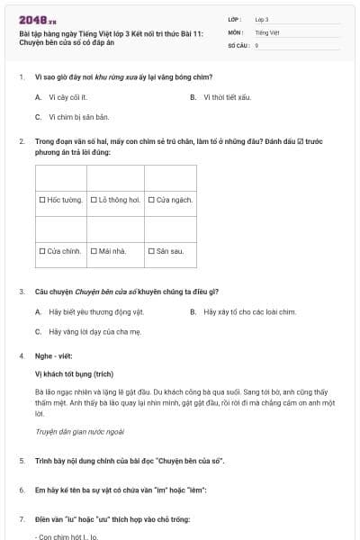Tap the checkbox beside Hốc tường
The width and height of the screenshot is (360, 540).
click(x=43, y=200)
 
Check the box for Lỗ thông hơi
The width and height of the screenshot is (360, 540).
click(x=94, y=200)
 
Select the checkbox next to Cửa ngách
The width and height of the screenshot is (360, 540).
click(x=150, y=200)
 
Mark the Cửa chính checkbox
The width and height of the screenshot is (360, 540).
click(x=43, y=251)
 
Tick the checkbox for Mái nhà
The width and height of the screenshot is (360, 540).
click(x=94, y=251)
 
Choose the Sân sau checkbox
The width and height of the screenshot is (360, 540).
click(x=150, y=251)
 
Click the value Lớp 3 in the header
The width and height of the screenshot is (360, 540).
click(x=262, y=19)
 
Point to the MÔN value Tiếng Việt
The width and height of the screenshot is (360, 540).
click(x=265, y=31)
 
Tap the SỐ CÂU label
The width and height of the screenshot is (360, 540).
click(x=237, y=44)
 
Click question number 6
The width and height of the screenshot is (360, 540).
click(x=22, y=490)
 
